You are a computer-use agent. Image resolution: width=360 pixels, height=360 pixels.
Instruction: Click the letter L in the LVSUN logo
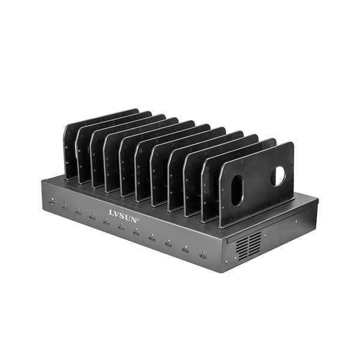112,212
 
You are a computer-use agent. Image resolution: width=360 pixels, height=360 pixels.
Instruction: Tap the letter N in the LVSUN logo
133,219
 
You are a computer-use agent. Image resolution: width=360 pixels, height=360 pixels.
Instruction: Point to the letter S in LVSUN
122,216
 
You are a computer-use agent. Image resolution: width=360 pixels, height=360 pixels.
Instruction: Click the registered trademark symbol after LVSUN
138,219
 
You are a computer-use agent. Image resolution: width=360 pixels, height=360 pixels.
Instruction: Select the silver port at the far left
52,203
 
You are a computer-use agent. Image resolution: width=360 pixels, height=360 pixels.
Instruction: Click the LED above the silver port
52,199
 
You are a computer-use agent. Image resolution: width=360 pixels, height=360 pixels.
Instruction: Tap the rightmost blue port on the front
203,256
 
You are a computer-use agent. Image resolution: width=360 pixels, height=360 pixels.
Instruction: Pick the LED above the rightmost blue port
203,252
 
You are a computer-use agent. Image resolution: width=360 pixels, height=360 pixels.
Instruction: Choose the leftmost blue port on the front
65,208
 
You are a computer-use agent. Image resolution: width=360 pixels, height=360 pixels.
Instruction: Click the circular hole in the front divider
278,176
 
